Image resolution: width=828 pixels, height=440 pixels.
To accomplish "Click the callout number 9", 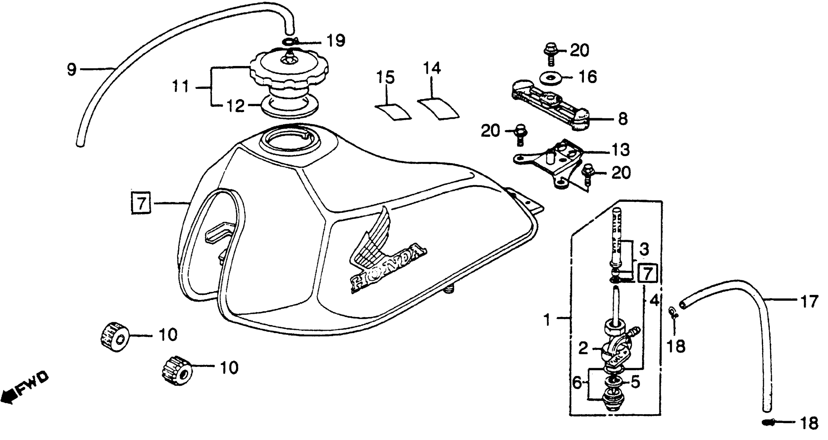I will click(71, 69).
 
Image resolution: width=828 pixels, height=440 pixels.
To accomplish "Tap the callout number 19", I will click(336, 41).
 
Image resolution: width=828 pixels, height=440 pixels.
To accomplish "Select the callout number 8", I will click(623, 119).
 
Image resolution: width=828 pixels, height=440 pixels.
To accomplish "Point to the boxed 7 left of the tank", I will click(141, 203).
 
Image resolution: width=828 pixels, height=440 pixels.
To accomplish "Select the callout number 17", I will click(809, 302).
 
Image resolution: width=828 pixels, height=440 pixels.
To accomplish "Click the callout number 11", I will click(181, 87).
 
